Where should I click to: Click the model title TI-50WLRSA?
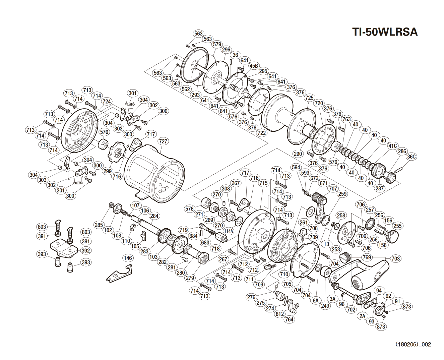pyautogui.click(x=385, y=32)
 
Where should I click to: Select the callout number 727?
pyautogui.click(x=163, y=141)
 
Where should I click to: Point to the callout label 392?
pyautogui.click(x=86, y=250)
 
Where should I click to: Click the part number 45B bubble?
pyautogui.click(x=254, y=66)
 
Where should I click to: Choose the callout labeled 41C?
pyautogui.click(x=393, y=146)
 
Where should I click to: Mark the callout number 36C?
pyautogui.click(x=411, y=157)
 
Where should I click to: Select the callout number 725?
pyautogui.click(x=309, y=98)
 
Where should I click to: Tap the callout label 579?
pyautogui.click(x=217, y=44)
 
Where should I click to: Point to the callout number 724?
pyautogui.click(x=107, y=101)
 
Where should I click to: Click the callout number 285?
pyautogui.click(x=99, y=225)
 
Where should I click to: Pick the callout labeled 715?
pyautogui.click(x=263, y=183)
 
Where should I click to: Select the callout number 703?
pyautogui.click(x=396, y=258)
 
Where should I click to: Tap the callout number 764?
pyautogui.click(x=289, y=319)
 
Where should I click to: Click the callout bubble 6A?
pyautogui.click(x=315, y=301)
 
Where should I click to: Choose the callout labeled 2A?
pyautogui.click(x=362, y=315)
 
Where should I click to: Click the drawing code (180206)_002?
pyautogui.click(x=413, y=344)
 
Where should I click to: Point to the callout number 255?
pyautogui.click(x=397, y=226)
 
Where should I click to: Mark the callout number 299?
pyautogui.click(x=108, y=171)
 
